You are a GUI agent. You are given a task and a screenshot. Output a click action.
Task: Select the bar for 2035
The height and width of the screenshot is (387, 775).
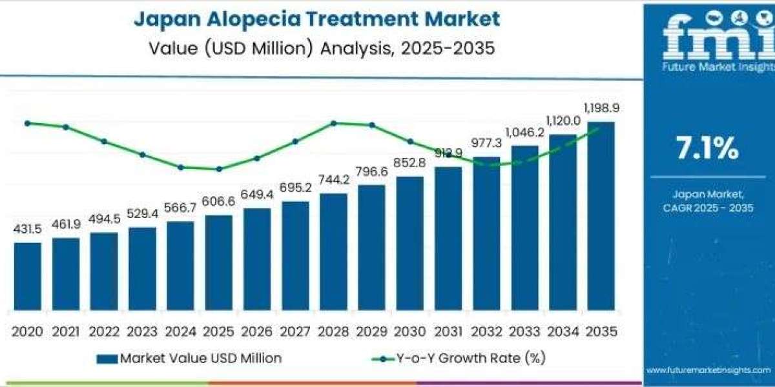(601, 219)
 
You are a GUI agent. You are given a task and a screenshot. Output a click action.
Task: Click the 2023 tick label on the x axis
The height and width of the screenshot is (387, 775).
(142, 332)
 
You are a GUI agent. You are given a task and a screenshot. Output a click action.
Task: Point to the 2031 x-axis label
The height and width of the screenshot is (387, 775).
(448, 332)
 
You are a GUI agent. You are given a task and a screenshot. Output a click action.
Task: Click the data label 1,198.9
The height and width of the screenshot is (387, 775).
(601, 108)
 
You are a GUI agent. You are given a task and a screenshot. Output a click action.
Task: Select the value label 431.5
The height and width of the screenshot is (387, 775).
(28, 229)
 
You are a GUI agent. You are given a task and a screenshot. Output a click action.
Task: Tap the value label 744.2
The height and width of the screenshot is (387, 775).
(333, 180)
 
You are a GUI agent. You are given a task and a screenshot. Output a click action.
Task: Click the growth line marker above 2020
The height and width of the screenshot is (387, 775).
(28, 123)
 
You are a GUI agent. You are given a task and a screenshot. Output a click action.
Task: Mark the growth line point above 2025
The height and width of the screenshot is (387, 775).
(219, 169)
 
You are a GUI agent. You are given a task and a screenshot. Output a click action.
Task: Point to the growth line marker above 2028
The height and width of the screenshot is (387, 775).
(333, 123)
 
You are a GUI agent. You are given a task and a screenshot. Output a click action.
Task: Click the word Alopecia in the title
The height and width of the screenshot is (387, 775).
(253, 19)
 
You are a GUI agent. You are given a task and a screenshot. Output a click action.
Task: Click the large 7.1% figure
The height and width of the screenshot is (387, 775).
(707, 150)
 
